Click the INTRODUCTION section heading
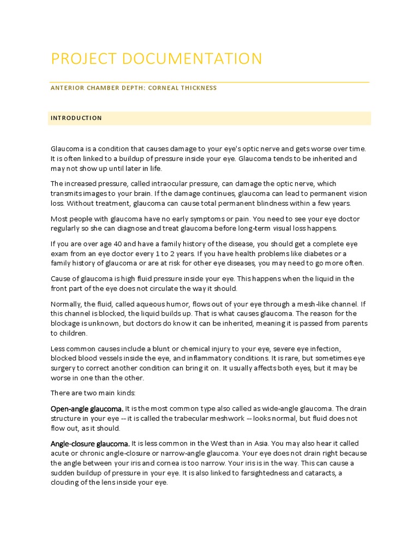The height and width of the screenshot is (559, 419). click(x=76, y=118)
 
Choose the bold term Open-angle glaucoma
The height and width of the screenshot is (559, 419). click(x=87, y=409)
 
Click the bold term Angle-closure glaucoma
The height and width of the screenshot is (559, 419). click(x=90, y=444)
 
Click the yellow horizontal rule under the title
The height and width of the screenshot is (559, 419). click(x=209, y=82)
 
